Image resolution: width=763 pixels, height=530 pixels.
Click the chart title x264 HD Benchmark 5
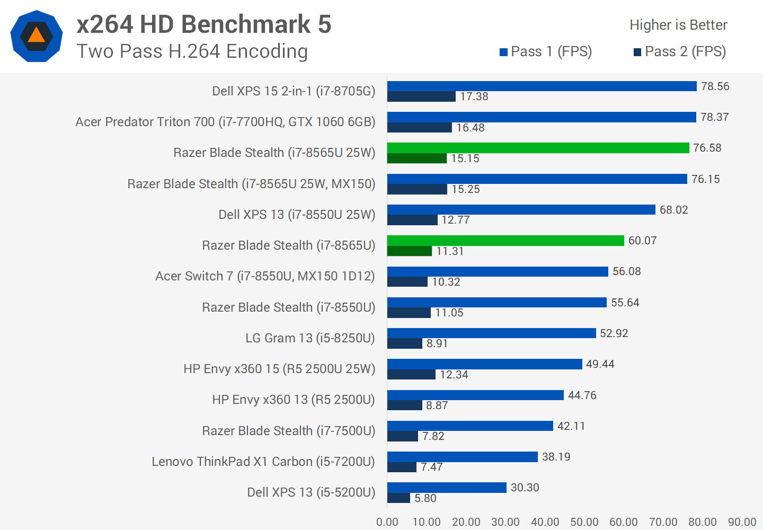coord(203,24)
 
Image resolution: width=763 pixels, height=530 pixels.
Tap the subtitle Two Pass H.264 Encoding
coord(192,51)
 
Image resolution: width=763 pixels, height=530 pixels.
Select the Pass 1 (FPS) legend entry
coord(546,51)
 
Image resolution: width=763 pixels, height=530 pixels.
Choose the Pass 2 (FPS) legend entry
coord(680,51)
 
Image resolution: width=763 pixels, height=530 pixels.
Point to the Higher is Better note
coord(678,25)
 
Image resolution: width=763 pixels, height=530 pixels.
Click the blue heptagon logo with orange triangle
coord(37,36)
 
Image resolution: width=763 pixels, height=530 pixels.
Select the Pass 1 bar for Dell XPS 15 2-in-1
coord(542,86)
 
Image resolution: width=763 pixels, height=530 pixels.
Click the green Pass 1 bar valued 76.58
coord(538,148)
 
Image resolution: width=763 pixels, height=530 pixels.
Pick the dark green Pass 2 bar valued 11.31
coord(410,251)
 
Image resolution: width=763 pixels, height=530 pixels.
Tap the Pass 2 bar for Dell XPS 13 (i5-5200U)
coord(398,498)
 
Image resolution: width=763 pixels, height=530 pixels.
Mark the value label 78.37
coord(714,117)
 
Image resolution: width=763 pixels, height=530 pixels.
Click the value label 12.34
coord(454,375)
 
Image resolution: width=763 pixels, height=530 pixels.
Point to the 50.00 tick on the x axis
coord(584,522)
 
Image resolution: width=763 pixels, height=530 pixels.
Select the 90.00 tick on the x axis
coord(742,522)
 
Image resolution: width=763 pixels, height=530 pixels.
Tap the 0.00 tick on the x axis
coord(387,522)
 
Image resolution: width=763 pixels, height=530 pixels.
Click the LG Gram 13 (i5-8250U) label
coord(310,338)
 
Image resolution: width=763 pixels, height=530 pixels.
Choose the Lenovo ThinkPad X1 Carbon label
coord(263,462)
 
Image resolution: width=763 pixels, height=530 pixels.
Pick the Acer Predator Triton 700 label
coord(225,122)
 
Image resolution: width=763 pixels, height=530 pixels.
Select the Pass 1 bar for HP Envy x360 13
coord(475,395)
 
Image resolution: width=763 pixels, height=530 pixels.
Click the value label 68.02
coord(673,210)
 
